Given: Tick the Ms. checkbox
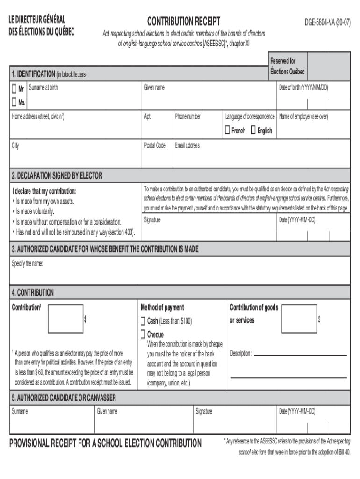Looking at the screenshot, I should click(14, 102).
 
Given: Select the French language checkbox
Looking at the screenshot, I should click(228, 131).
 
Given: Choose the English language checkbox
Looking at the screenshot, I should click(253, 131).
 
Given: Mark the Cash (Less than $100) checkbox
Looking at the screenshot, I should click(143, 321).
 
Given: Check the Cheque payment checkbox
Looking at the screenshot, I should click(143, 335).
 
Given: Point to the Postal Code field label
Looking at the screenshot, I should click(154, 145).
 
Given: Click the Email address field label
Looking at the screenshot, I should click(187, 145).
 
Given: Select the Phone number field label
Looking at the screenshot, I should click(187, 116).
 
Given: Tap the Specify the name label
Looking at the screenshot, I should click(27, 263).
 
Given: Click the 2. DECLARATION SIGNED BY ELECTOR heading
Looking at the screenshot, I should click(57, 175).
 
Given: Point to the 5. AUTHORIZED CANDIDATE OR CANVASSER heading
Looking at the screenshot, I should click(65, 398).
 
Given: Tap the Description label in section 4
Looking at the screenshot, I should click(241, 353).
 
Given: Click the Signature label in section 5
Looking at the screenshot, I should click(204, 411).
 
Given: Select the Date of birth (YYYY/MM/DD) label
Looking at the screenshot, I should click(303, 87).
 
